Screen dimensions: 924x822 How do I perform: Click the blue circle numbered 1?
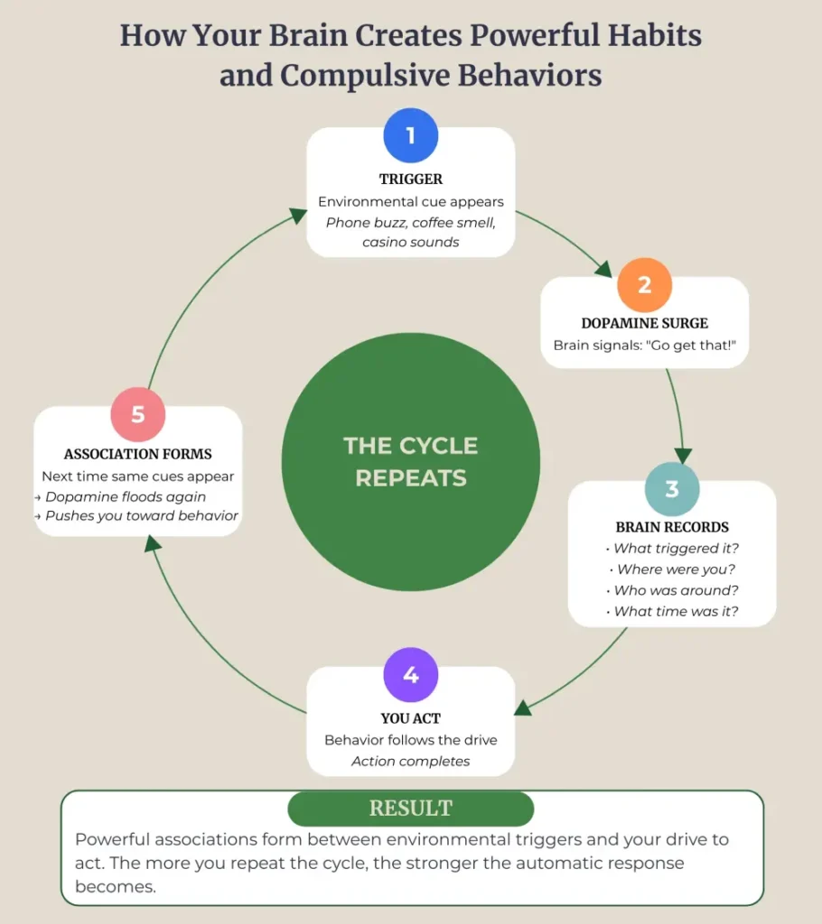pos(410,136)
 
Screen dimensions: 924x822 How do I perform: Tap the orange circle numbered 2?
pos(644,285)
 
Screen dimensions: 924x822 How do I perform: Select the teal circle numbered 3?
pos(671,489)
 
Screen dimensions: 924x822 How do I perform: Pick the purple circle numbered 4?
pos(410,675)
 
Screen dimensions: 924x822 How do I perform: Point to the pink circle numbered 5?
pos(137,414)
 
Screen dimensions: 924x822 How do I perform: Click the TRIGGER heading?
pos(411,180)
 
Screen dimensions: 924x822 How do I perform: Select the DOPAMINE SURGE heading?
pos(644,323)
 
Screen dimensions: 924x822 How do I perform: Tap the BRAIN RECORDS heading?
pos(672,527)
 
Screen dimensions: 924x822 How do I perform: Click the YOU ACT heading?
pos(411,718)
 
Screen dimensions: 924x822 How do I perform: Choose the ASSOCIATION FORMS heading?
pos(137,454)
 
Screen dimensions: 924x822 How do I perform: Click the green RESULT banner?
pos(411,808)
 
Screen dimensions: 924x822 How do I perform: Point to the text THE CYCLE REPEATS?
pos(411,461)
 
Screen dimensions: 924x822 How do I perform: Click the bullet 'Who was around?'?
pos(677,590)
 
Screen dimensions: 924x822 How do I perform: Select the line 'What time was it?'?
pos(677,612)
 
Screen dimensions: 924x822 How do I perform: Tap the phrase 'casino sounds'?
pos(411,242)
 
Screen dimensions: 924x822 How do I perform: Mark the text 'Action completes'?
pos(411,761)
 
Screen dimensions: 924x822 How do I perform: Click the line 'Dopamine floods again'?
pos(126,496)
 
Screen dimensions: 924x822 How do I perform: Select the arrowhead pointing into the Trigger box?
pos(297,214)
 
